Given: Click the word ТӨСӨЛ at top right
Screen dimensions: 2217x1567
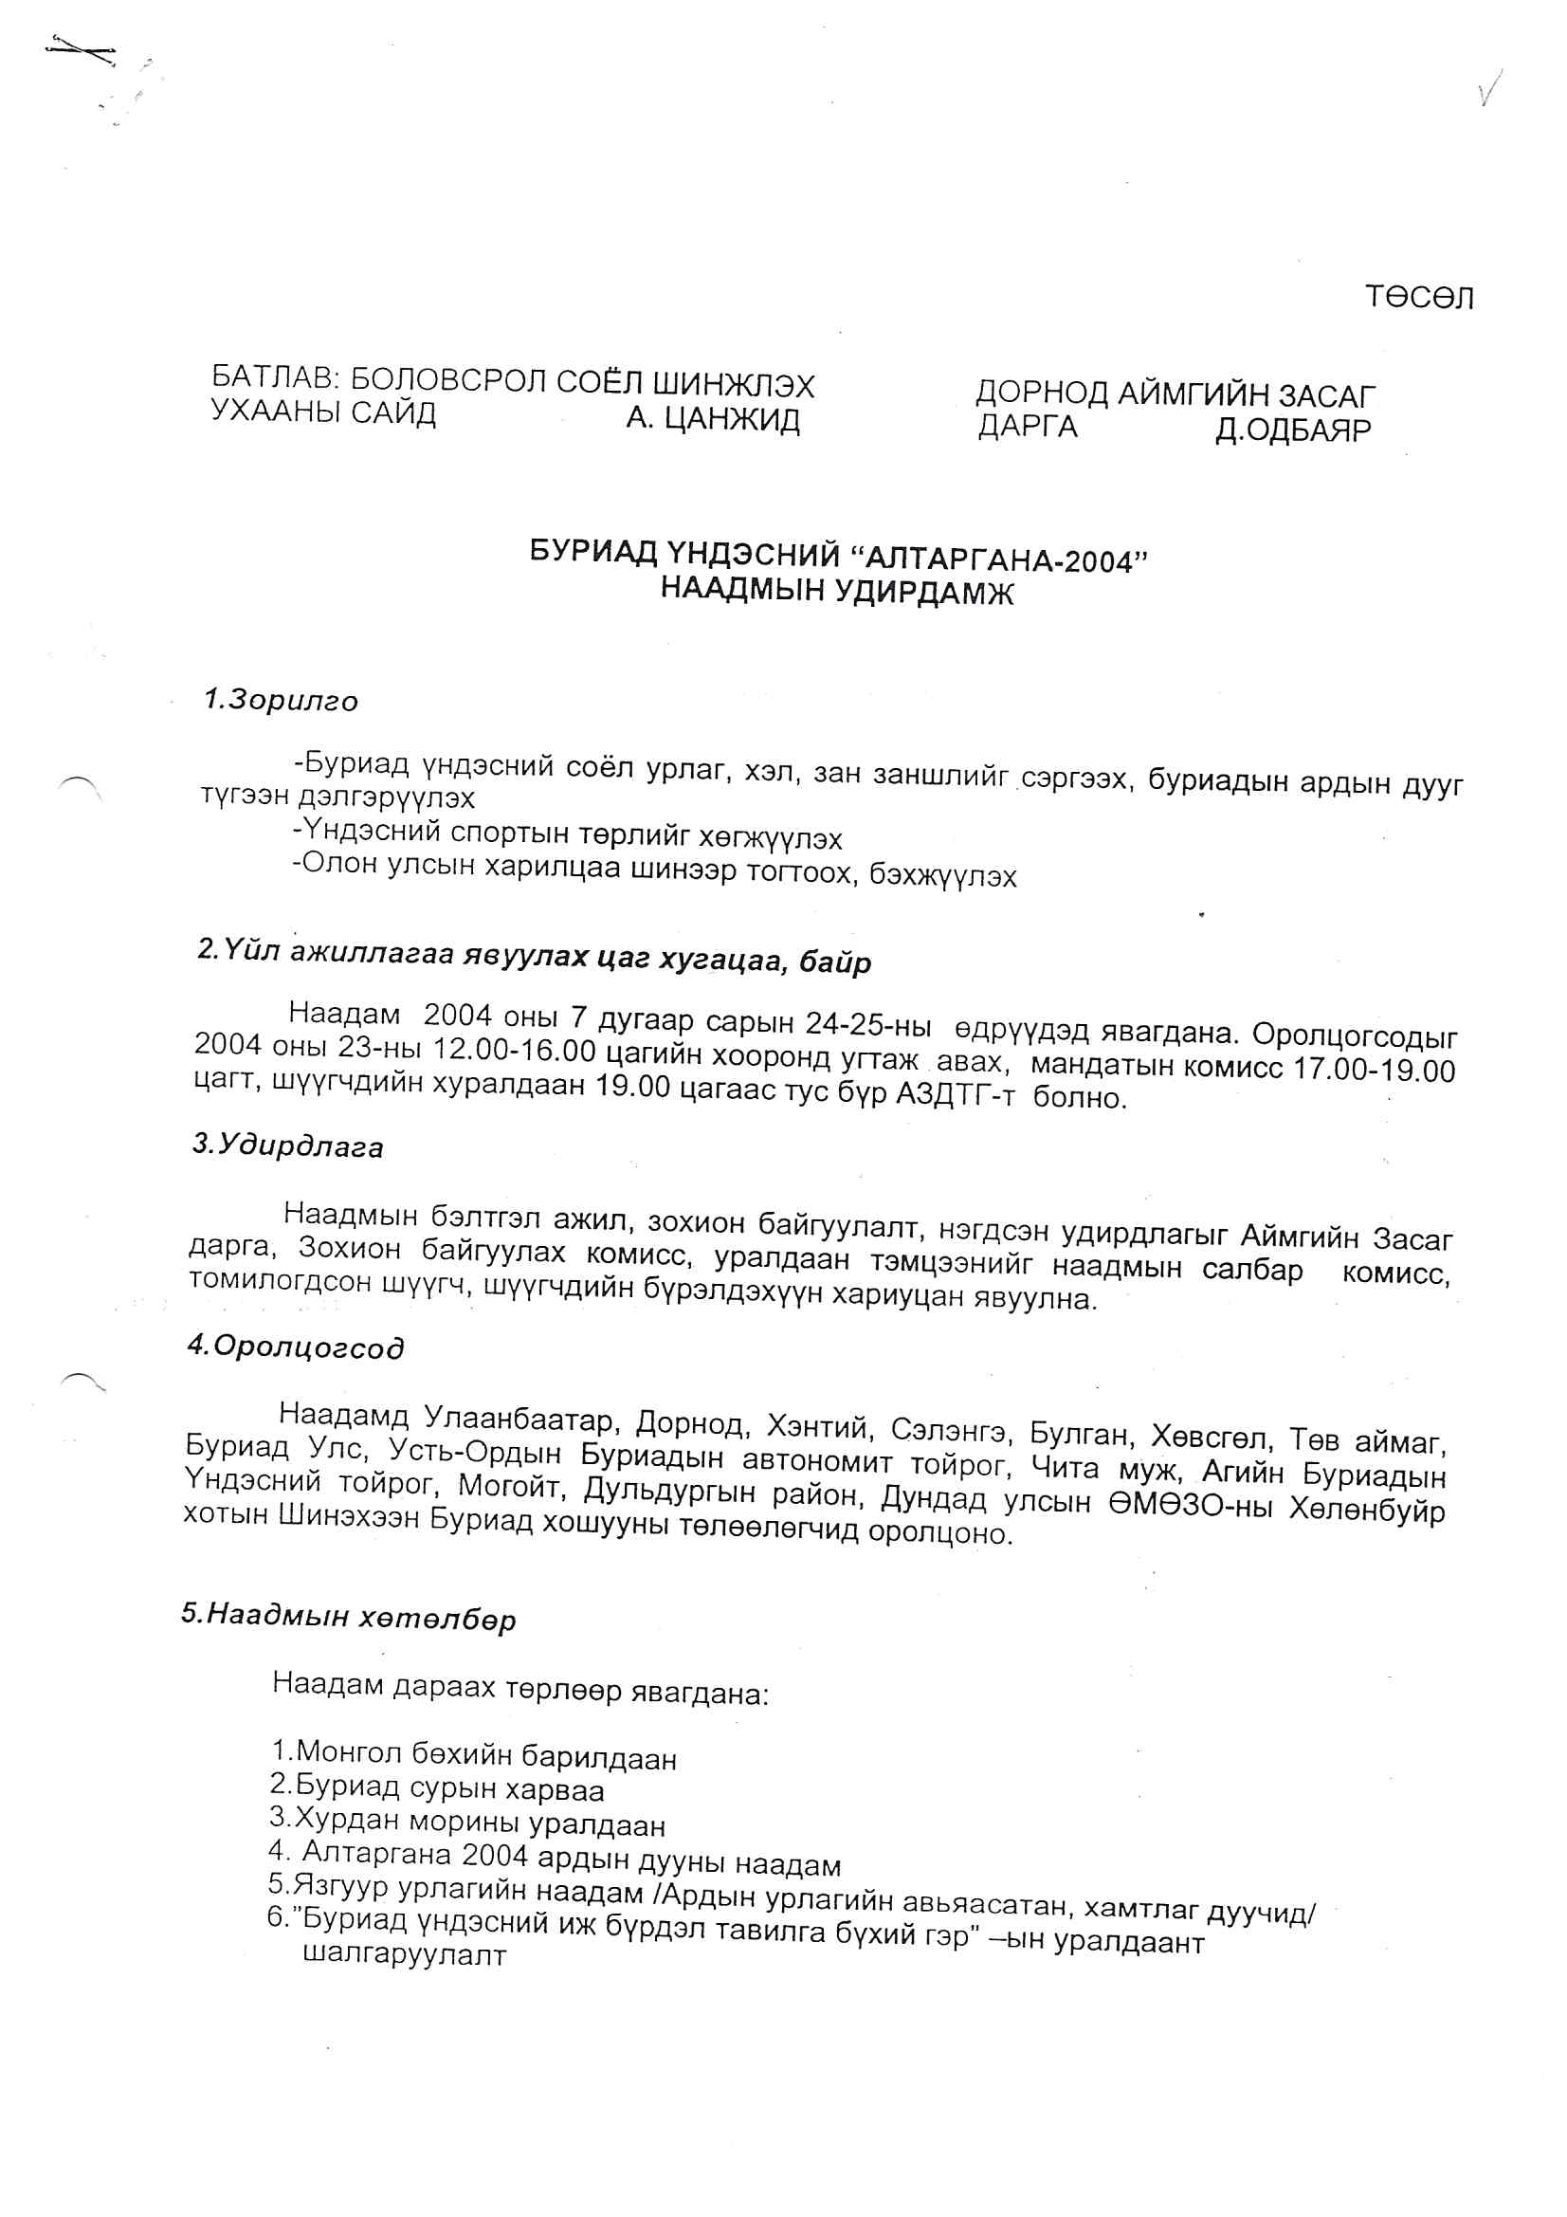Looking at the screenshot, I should click(1418, 298).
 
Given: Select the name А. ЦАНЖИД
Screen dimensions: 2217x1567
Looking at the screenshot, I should click(713, 420).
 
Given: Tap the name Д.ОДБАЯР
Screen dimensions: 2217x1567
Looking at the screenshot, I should click(1292, 430).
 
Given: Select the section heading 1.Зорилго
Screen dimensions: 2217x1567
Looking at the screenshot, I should click(280, 700).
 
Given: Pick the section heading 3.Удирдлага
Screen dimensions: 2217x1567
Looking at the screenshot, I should click(288, 1146).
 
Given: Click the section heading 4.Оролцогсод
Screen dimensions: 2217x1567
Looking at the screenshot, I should click(296, 1347).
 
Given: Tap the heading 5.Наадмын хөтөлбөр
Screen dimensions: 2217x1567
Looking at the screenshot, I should click(349, 1617).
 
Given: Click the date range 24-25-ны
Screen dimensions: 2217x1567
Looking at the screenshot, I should click(868, 1022).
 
